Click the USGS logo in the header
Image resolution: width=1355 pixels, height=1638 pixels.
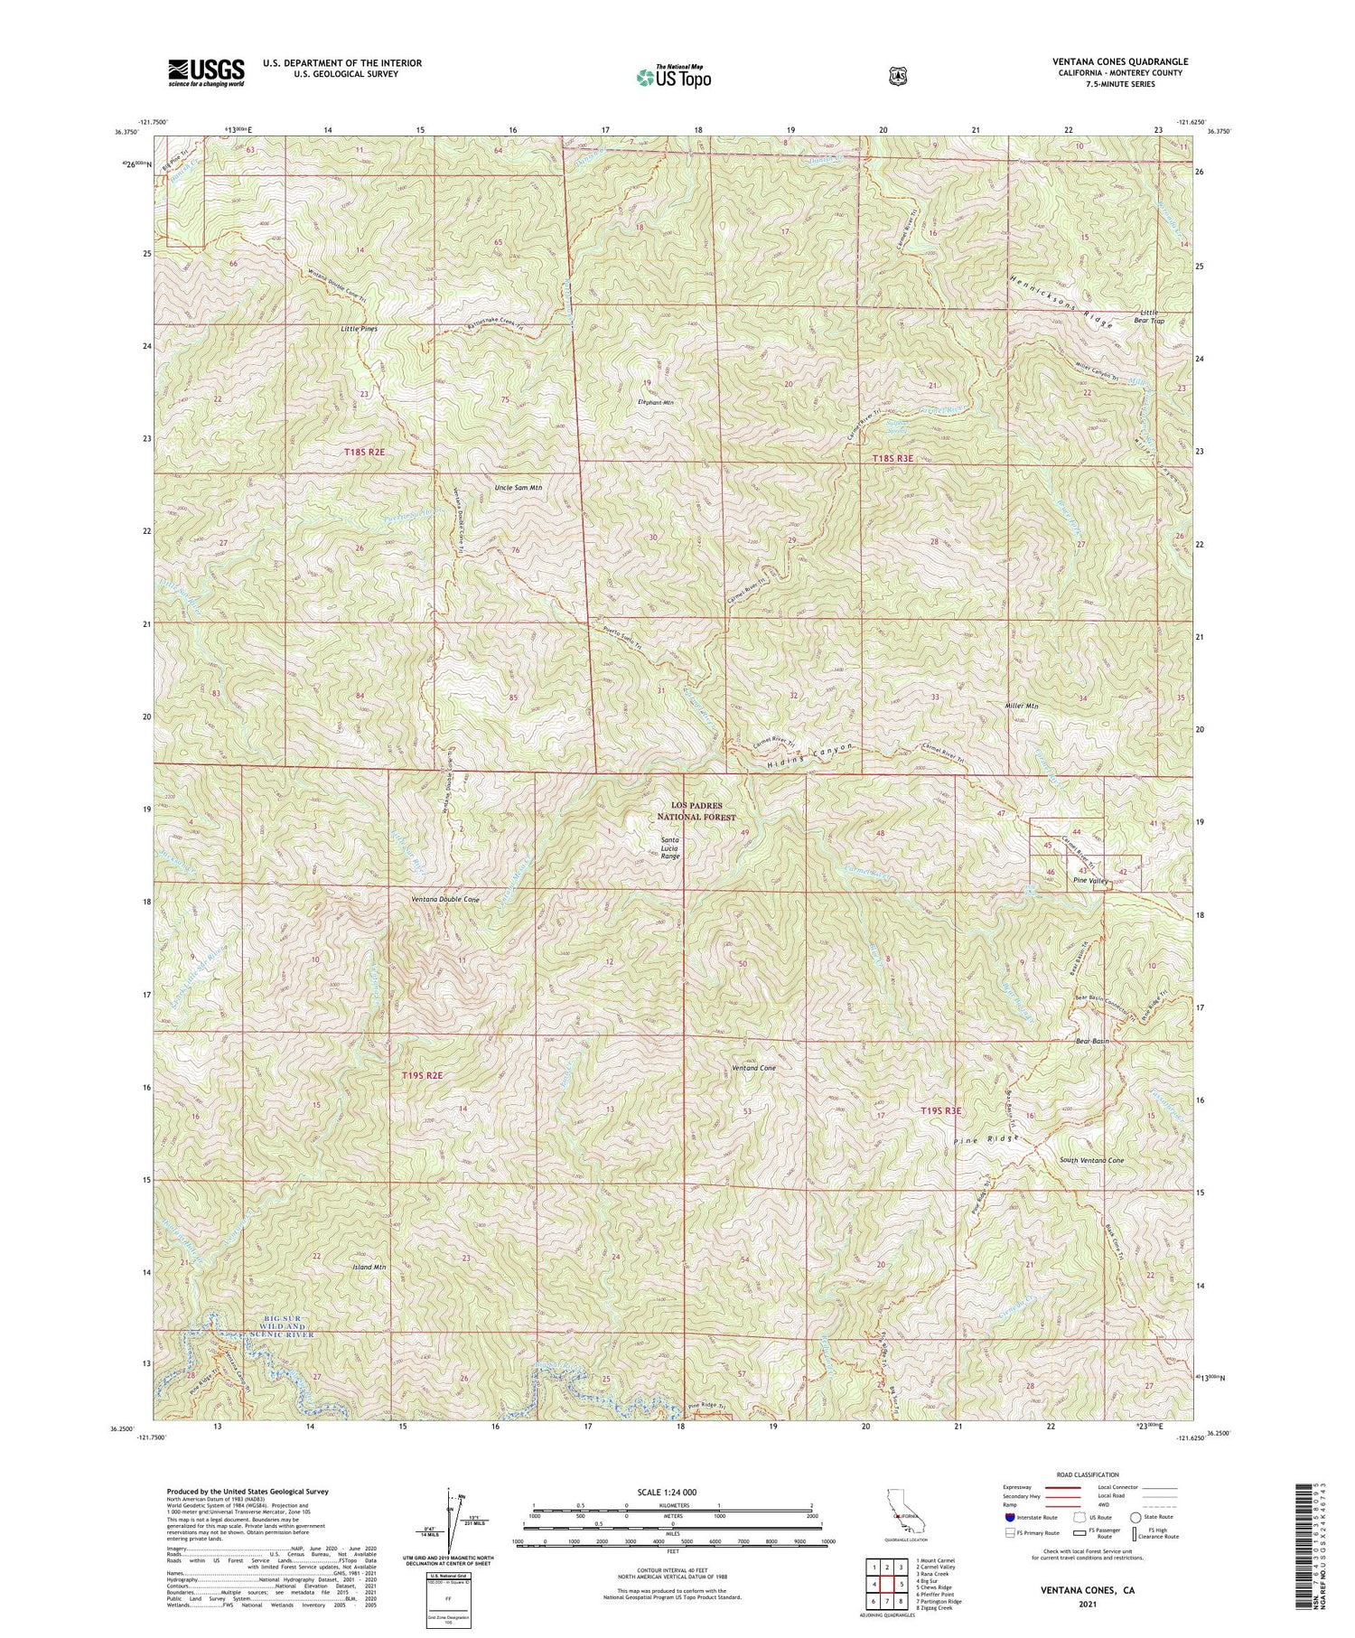pyautogui.click(x=206, y=72)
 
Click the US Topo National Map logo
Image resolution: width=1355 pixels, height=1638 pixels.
pyautogui.click(x=673, y=77)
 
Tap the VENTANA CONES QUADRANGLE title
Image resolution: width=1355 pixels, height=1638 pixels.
pyautogui.click(x=1120, y=61)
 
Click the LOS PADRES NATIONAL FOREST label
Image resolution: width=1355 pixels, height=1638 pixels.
pyautogui.click(x=696, y=810)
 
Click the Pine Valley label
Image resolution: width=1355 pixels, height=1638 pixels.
pyautogui.click(x=1090, y=881)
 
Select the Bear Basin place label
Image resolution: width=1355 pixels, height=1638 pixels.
pyautogui.click(x=1092, y=1041)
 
